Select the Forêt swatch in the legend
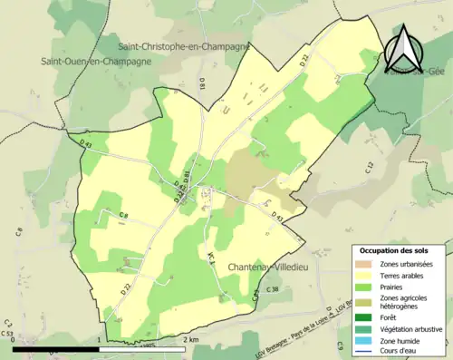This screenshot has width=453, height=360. (366, 318)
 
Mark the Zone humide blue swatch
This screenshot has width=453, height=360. (366, 341)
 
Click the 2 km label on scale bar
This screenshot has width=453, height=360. (189, 340)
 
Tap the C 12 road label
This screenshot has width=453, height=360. (370, 166)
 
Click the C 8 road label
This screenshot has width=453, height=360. (123, 215)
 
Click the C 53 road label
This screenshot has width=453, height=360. (7, 335)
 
